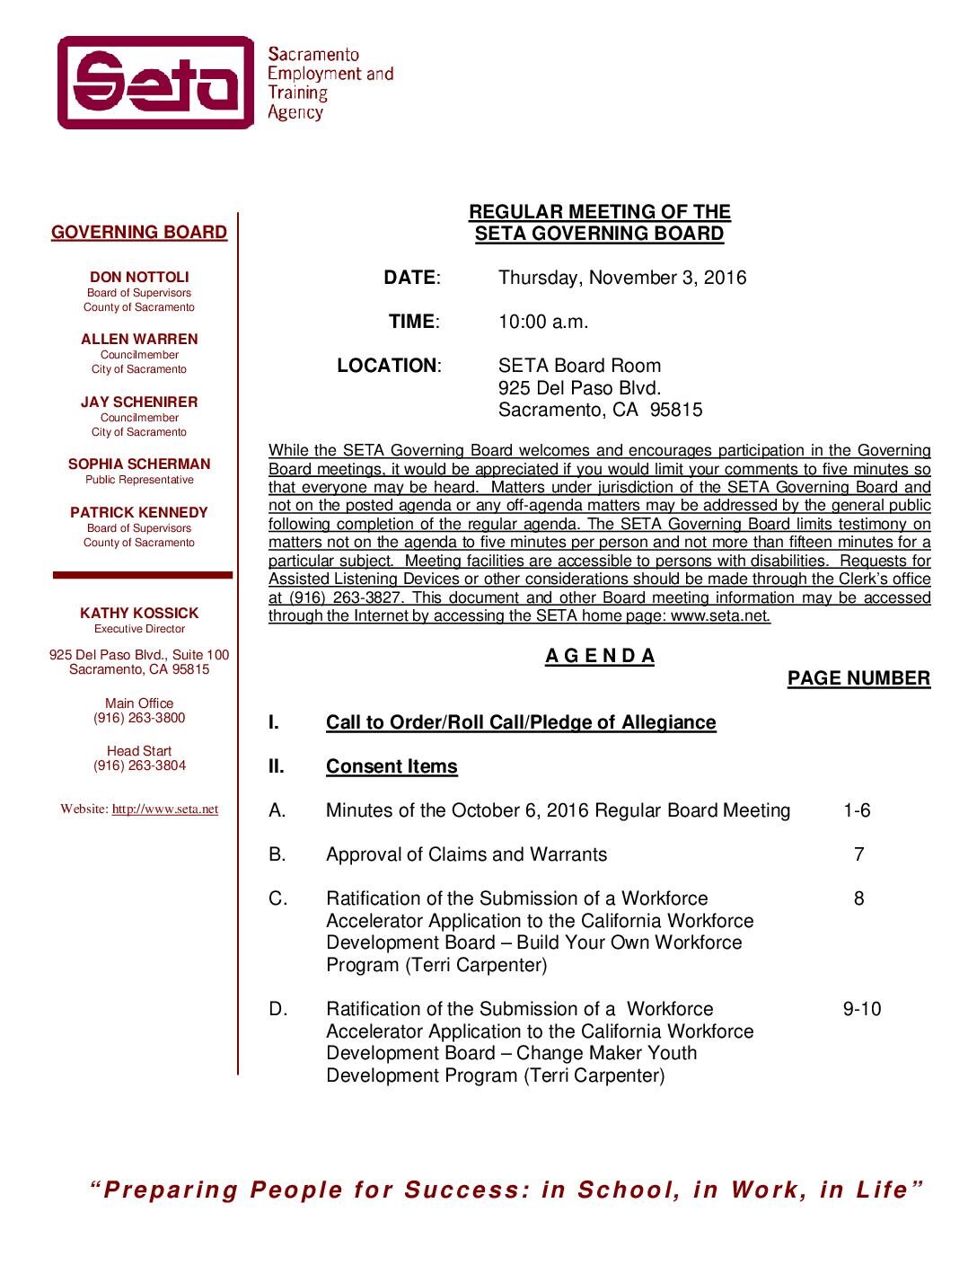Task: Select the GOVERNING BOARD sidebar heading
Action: point(139,233)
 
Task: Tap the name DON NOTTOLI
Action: point(139,278)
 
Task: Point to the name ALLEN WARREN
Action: point(139,340)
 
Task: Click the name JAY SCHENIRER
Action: point(139,402)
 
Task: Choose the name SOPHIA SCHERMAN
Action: point(139,464)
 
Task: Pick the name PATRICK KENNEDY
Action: point(139,513)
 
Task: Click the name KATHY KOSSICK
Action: point(139,614)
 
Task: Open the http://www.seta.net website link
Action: point(165,809)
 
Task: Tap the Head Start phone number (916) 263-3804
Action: point(139,766)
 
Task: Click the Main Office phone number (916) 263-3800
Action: point(139,719)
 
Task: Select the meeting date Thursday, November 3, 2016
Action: point(622,278)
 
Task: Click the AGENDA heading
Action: point(600,657)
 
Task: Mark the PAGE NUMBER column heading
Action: point(858,679)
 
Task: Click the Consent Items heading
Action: point(392,767)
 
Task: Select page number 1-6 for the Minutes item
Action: point(857,811)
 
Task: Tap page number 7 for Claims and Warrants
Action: point(859,855)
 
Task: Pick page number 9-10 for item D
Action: point(862,1010)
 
